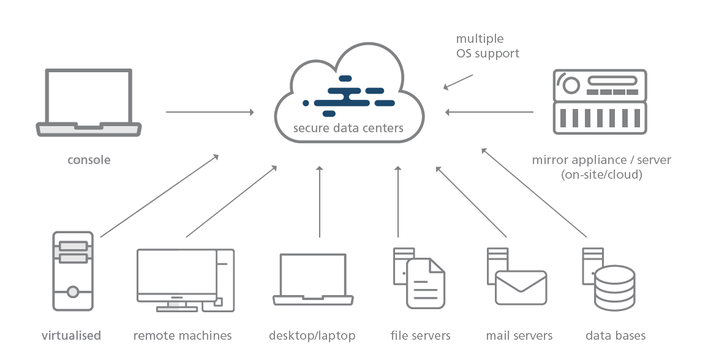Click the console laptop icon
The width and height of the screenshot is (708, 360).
click(89, 103)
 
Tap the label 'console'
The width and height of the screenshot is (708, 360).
click(89, 160)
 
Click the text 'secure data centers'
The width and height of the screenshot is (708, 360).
click(348, 128)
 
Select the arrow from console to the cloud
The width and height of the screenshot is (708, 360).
click(209, 112)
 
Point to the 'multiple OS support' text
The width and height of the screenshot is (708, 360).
click(488, 47)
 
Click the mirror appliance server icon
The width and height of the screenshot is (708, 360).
click(600, 101)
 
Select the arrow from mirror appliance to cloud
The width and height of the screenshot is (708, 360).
click(489, 112)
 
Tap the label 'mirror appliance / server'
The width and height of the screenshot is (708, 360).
click(601, 160)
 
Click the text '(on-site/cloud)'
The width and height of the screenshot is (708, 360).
click(601, 174)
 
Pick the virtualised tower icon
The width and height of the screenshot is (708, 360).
click(73, 271)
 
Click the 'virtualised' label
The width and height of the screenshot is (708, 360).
click(71, 336)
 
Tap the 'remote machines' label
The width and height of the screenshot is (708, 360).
click(183, 336)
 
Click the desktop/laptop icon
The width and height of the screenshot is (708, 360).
click(313, 279)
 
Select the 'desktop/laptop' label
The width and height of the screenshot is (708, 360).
click(312, 336)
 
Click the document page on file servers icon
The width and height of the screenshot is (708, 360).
click(426, 283)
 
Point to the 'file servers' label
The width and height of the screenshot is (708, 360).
click(420, 336)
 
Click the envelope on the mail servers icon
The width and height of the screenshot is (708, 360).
click(521, 287)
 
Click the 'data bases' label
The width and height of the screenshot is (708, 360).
click(616, 336)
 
